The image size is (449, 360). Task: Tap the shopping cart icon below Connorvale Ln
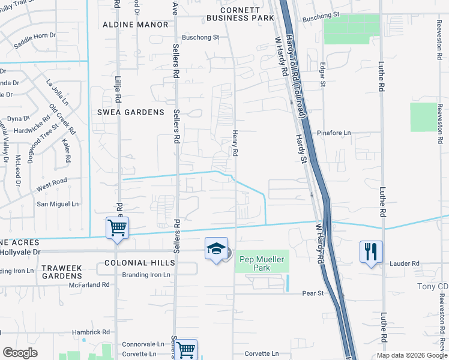[186, 349]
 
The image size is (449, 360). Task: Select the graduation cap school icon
[215, 249]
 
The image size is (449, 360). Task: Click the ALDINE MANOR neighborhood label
[136, 25]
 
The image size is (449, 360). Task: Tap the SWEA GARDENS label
[131, 112]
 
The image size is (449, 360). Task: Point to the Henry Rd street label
[235, 144]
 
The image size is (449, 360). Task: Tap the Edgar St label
[323, 74]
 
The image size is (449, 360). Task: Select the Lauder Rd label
[405, 263]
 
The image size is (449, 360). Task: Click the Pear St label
[312, 293]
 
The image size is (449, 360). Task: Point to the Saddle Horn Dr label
[34, 40]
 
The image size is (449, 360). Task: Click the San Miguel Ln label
[58, 204]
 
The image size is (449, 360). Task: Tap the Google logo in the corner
[20, 353]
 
